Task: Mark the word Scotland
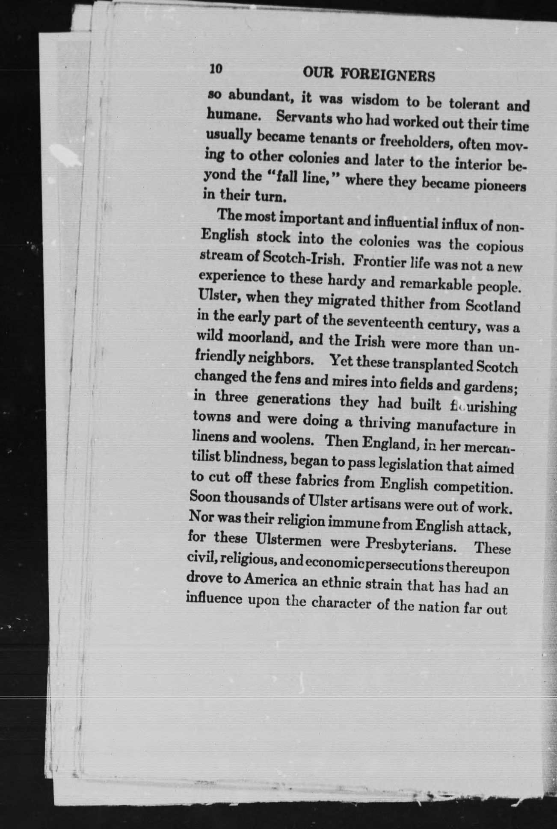492,307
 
